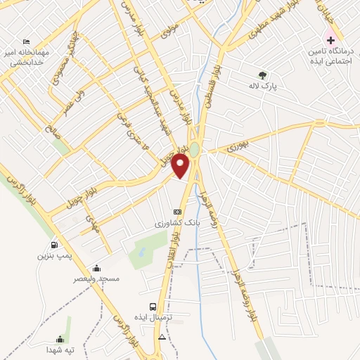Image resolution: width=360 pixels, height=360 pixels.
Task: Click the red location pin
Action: tap(181, 166)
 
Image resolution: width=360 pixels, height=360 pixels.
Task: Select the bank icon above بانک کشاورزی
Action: tap(177, 212)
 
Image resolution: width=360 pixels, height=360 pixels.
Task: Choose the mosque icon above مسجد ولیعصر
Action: tap(96, 268)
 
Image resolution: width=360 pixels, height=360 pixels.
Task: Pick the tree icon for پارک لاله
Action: tap(263, 74)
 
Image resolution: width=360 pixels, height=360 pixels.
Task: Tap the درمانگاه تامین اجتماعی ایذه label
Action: tap(330, 56)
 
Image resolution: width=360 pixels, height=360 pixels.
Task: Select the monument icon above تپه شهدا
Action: tap(68, 338)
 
